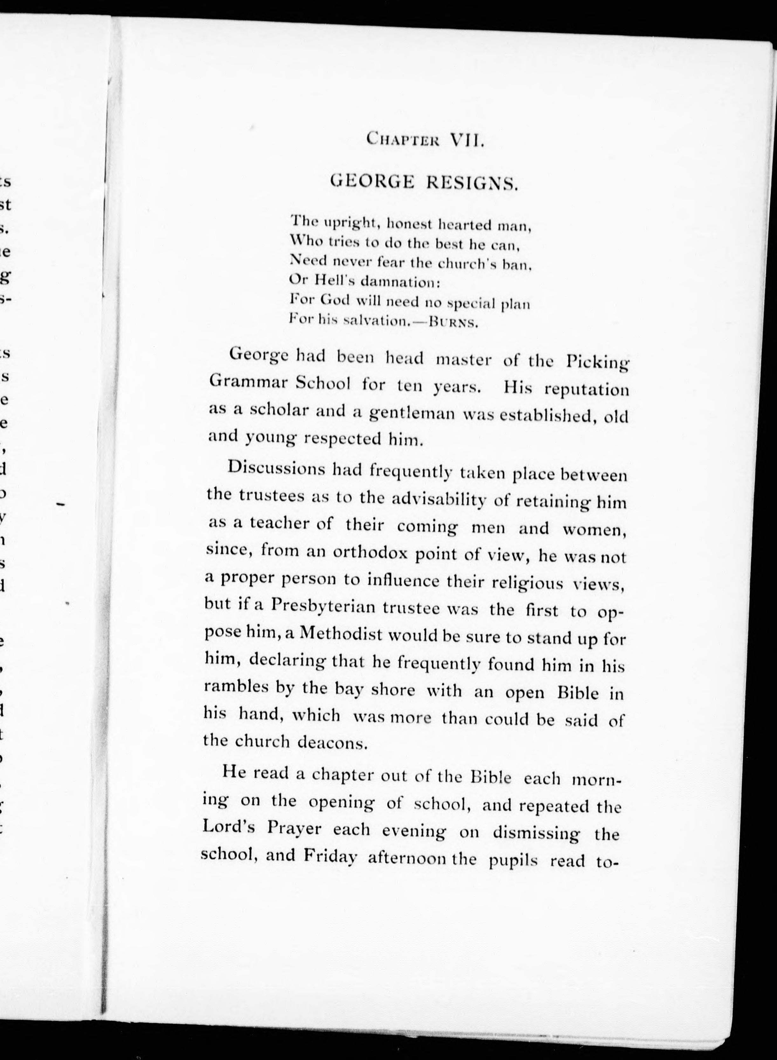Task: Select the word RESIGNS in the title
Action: click(x=472, y=182)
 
